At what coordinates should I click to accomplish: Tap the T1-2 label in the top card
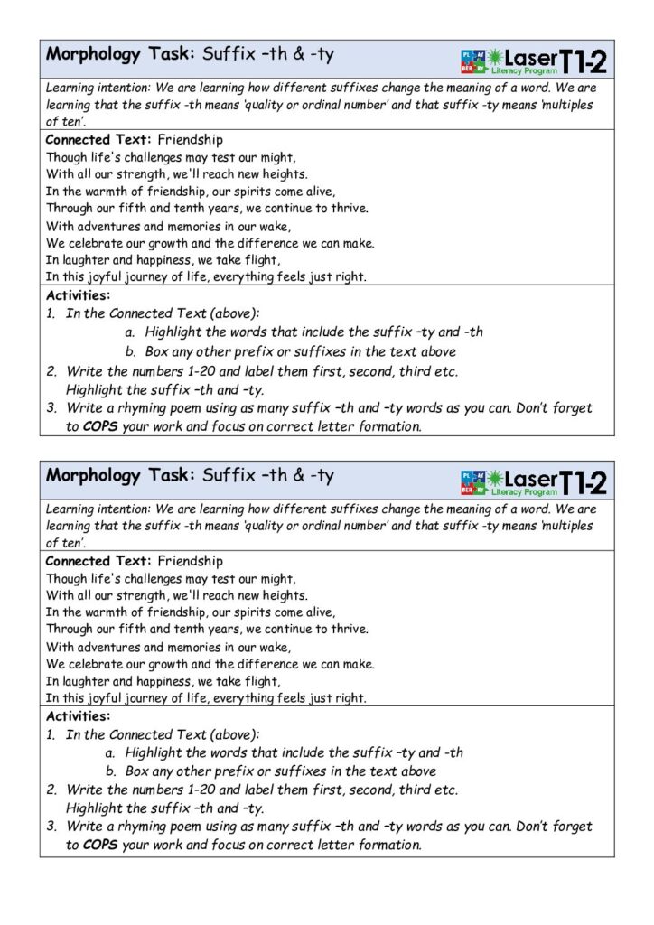583,60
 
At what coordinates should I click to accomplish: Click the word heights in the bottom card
282,595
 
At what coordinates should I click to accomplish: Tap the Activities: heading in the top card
78,294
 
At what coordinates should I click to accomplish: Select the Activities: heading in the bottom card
78,715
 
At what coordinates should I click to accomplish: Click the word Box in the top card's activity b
155,351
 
